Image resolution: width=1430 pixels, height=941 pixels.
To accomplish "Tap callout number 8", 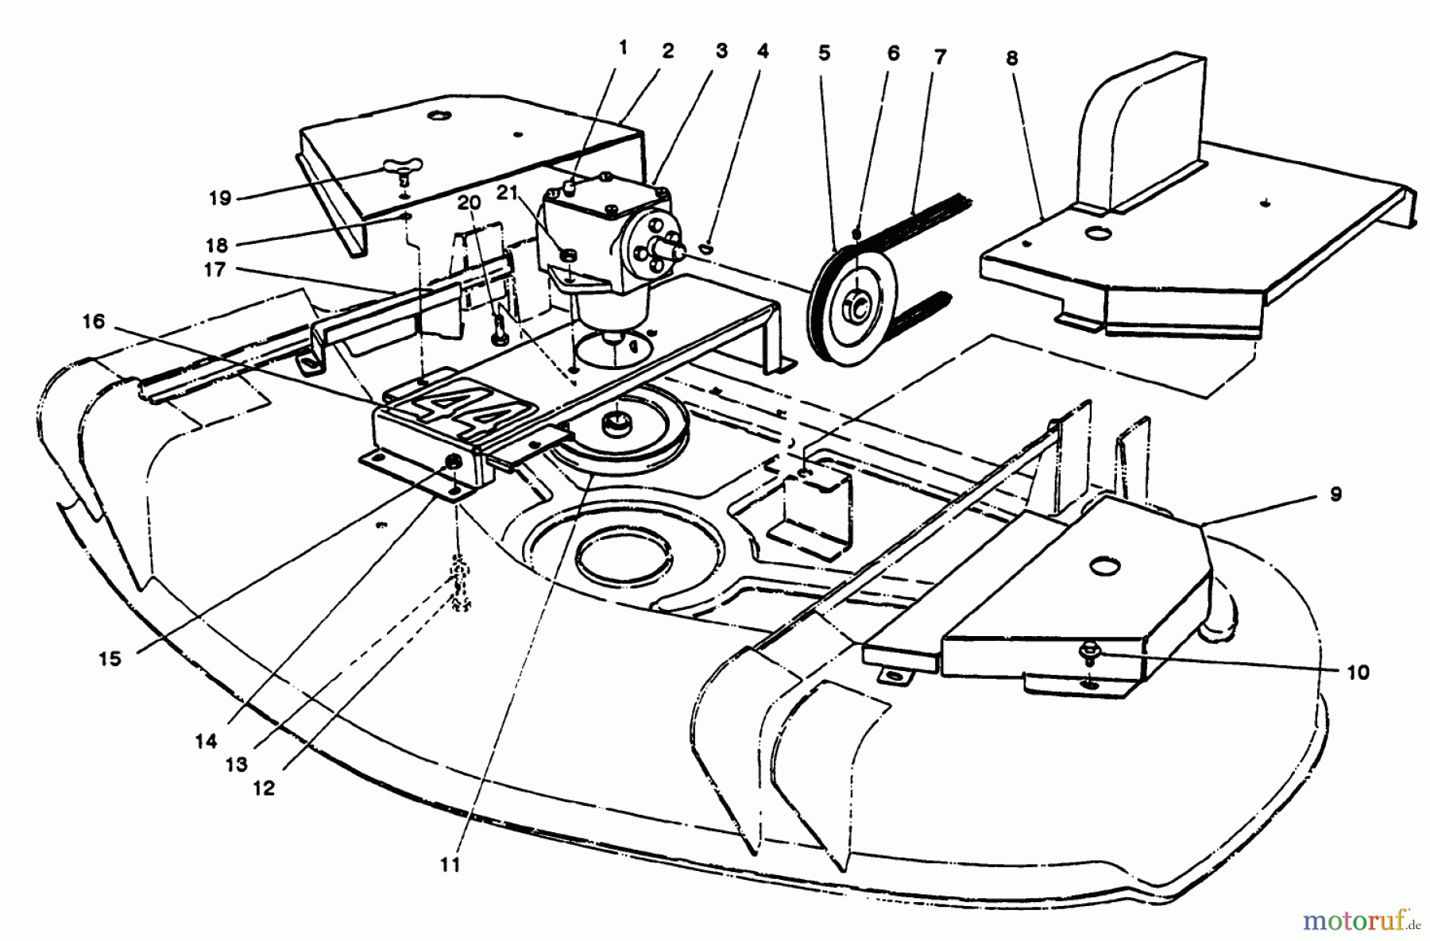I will point(1011,59).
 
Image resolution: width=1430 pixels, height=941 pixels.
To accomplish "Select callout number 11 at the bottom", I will point(450,865).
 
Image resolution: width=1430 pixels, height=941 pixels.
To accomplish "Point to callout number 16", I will point(93,321).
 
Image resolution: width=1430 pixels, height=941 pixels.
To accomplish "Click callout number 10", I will point(1358,672).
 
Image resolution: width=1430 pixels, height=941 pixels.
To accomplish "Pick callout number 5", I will point(824,53).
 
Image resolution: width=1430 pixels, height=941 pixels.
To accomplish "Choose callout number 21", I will point(508,192).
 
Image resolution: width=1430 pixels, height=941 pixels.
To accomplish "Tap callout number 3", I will point(721,52).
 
